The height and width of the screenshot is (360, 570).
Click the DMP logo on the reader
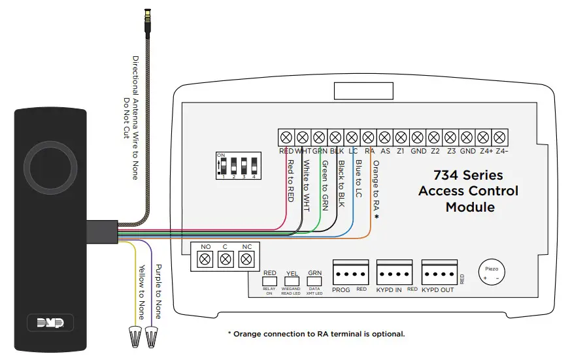click(50, 322)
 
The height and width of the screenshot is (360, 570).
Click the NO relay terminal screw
click(205, 259)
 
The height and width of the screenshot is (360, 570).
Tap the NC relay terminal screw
click(246, 259)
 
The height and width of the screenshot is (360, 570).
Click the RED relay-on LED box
click(270, 274)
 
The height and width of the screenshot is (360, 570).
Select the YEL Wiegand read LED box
click(292, 274)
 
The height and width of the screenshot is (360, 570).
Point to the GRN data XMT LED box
click(315, 274)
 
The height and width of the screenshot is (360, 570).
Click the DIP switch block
click(236, 167)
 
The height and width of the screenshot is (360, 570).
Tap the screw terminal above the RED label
click(286, 137)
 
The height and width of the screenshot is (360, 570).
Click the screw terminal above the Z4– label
click(499, 137)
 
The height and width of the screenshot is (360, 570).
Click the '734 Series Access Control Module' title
click(468, 191)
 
